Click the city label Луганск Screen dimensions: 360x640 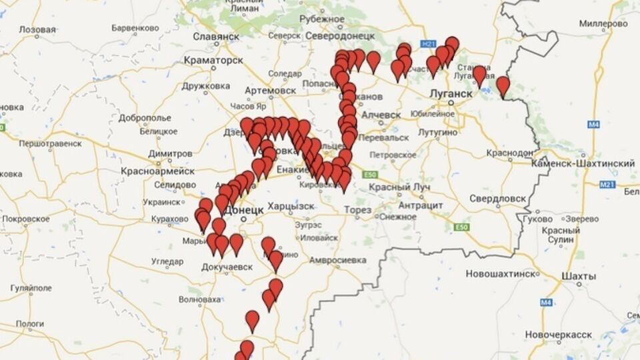coord(451,93)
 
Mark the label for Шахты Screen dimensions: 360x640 coord(579,276)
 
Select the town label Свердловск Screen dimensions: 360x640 coord(499,199)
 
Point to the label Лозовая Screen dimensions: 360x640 coord(38,30)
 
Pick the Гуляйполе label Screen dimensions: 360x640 coord(31,287)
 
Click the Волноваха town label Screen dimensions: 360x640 coord(200,299)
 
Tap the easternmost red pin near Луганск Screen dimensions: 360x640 coord(503,85)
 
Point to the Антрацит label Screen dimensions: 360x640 coord(421,205)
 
